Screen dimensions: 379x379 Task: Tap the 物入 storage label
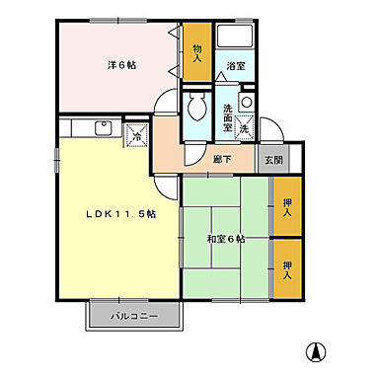click(x=197, y=54)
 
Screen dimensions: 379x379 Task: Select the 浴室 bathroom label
click(x=235, y=67)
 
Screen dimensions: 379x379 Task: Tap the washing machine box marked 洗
click(x=244, y=128)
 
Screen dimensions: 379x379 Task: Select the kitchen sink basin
click(x=102, y=126)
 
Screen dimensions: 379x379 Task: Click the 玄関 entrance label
click(x=271, y=160)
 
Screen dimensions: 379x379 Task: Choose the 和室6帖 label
click(x=226, y=238)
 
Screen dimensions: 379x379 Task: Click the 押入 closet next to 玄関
click(x=287, y=207)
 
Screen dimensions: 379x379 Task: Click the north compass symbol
click(x=317, y=351)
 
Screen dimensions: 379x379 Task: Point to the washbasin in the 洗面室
click(x=246, y=103)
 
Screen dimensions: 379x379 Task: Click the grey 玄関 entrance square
click(x=271, y=160)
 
